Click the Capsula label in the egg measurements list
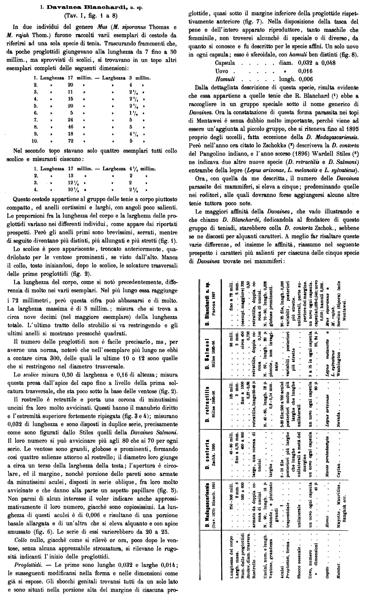[225, 63]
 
